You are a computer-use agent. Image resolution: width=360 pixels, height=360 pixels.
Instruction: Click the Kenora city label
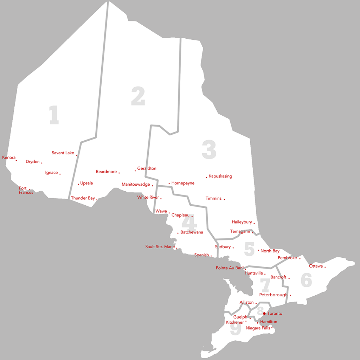pyautogui.click(x=9, y=157)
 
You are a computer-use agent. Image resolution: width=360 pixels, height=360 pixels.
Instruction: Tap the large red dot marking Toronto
pyautogui.click(x=264, y=313)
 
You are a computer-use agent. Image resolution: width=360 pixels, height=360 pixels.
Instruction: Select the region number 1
pyautogui.click(x=54, y=115)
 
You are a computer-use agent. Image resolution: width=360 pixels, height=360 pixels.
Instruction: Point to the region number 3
pyautogui.click(x=209, y=150)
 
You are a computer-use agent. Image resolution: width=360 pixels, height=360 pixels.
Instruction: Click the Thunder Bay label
pyautogui.click(x=83, y=198)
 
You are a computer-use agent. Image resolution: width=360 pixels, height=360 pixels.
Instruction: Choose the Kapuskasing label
pyautogui.click(x=220, y=176)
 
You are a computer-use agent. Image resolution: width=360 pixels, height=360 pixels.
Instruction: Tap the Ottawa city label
pyautogui.click(x=316, y=266)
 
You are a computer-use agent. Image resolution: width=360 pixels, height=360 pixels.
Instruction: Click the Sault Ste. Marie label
pyautogui.click(x=160, y=247)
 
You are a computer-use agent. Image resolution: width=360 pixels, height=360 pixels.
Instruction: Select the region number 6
pyautogui.click(x=306, y=280)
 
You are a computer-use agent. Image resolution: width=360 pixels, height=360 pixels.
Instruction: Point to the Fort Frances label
pyautogui.click(x=25, y=191)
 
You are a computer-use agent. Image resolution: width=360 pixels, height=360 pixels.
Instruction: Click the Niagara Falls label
pyautogui.click(x=258, y=328)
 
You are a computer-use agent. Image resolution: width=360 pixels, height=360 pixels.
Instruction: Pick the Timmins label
pyautogui.click(x=214, y=198)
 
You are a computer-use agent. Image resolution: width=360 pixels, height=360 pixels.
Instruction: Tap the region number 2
pyautogui.click(x=138, y=97)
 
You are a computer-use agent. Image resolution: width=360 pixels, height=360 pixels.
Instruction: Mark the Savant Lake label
pyautogui.click(x=63, y=153)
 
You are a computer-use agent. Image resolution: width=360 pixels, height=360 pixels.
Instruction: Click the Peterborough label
pyautogui.click(x=273, y=295)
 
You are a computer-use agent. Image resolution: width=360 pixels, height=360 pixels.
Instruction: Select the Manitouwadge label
pyautogui.click(x=136, y=185)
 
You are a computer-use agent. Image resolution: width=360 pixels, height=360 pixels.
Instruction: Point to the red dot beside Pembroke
pyautogui.click(x=300, y=258)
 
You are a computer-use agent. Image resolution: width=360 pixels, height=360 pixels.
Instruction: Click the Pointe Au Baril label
pyautogui.click(x=230, y=268)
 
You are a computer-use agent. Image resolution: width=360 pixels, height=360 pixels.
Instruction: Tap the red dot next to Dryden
pyautogui.click(x=42, y=163)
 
